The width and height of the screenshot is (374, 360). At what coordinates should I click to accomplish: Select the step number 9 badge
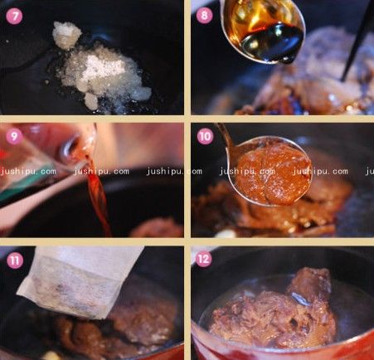tap(13, 135)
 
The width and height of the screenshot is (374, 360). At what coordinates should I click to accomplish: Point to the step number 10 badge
tap(205, 136)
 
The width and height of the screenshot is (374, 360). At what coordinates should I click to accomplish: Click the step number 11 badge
tap(13, 259)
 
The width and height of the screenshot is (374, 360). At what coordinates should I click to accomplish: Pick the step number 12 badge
tap(205, 259)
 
